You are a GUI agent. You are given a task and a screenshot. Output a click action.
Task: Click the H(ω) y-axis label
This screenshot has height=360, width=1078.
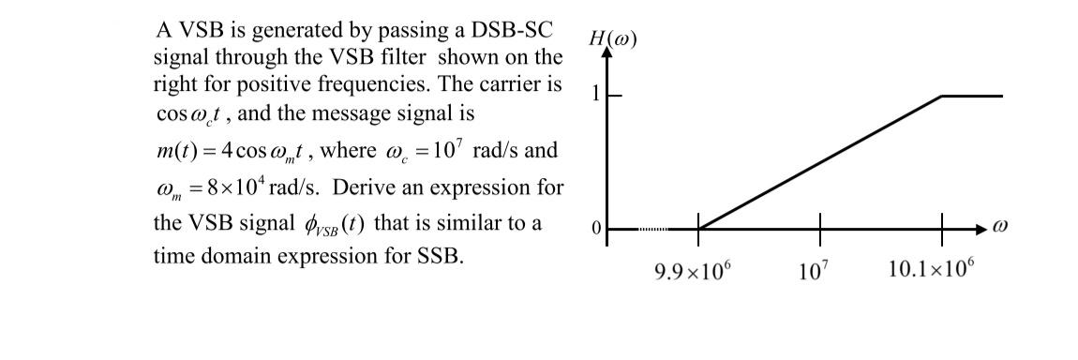point(612,39)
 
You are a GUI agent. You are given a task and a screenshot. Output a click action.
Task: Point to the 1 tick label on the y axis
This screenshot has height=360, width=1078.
point(592,95)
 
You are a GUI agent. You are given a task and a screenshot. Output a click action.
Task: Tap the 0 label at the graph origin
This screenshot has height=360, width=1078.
point(593,229)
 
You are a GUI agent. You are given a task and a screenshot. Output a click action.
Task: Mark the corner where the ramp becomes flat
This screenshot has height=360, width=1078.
point(942,96)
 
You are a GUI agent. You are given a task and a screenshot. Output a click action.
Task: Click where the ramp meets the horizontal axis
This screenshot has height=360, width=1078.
point(699,229)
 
